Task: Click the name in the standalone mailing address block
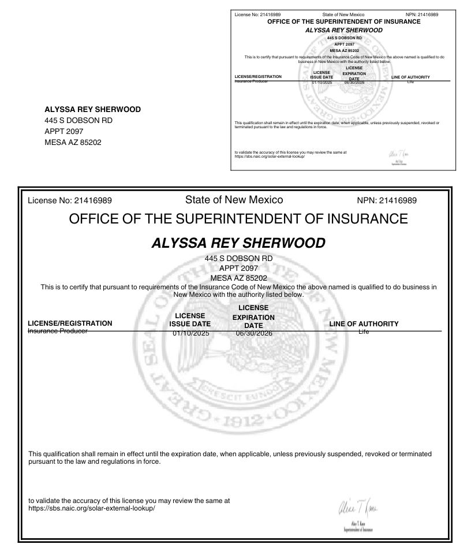click(92, 109)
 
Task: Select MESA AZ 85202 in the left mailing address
click(73, 142)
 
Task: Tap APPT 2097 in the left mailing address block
click(64, 131)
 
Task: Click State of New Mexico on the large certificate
click(234, 200)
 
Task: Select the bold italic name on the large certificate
click(238, 243)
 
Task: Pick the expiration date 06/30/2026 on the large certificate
click(253, 333)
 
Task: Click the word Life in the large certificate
click(364, 332)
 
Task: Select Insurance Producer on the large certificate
click(58, 331)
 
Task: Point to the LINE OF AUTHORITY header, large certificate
click(364, 324)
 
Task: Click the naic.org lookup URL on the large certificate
click(92, 509)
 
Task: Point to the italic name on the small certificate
click(343, 29)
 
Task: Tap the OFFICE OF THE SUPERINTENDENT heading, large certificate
click(238, 219)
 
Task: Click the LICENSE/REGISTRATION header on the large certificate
click(70, 323)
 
